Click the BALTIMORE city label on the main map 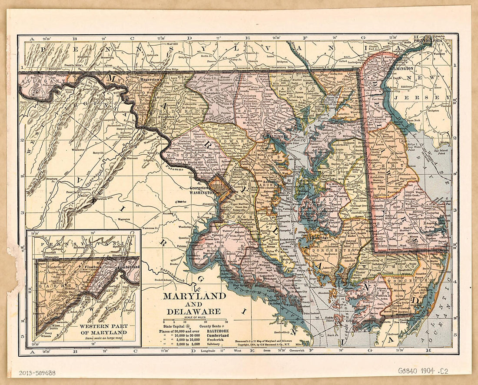coord(278,136)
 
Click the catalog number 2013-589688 coord(37,372)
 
